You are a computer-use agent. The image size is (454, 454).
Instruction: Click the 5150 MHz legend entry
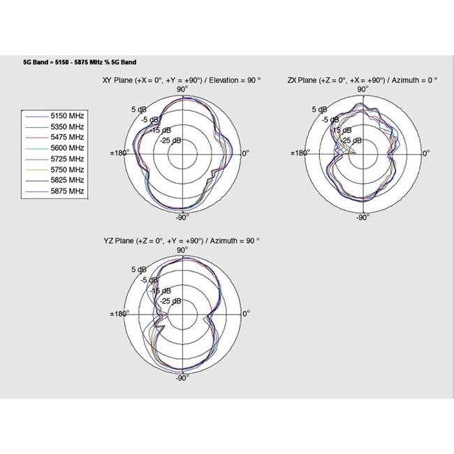[x=67, y=116]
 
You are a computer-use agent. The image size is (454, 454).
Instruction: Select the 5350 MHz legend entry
[x=67, y=126]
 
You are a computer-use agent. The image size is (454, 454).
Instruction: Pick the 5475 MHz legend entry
[x=67, y=138]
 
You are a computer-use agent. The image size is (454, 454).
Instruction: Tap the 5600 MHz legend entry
[x=67, y=148]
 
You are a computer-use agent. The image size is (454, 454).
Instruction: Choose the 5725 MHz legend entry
[x=67, y=159]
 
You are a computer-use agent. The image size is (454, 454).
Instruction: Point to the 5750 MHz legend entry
[x=67, y=170]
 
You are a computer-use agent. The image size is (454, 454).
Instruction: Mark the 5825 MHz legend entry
[x=67, y=180]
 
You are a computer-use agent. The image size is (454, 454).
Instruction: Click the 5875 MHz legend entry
[x=67, y=191]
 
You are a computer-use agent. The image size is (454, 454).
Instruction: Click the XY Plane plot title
[x=181, y=80]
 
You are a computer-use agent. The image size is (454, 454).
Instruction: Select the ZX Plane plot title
[x=363, y=80]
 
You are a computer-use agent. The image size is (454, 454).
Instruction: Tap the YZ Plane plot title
[x=181, y=240]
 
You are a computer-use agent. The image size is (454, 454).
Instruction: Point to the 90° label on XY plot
[x=182, y=89]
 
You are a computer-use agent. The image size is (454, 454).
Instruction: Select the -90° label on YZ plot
[x=182, y=378]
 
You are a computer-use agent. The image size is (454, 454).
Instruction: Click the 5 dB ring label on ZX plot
[x=318, y=110]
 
